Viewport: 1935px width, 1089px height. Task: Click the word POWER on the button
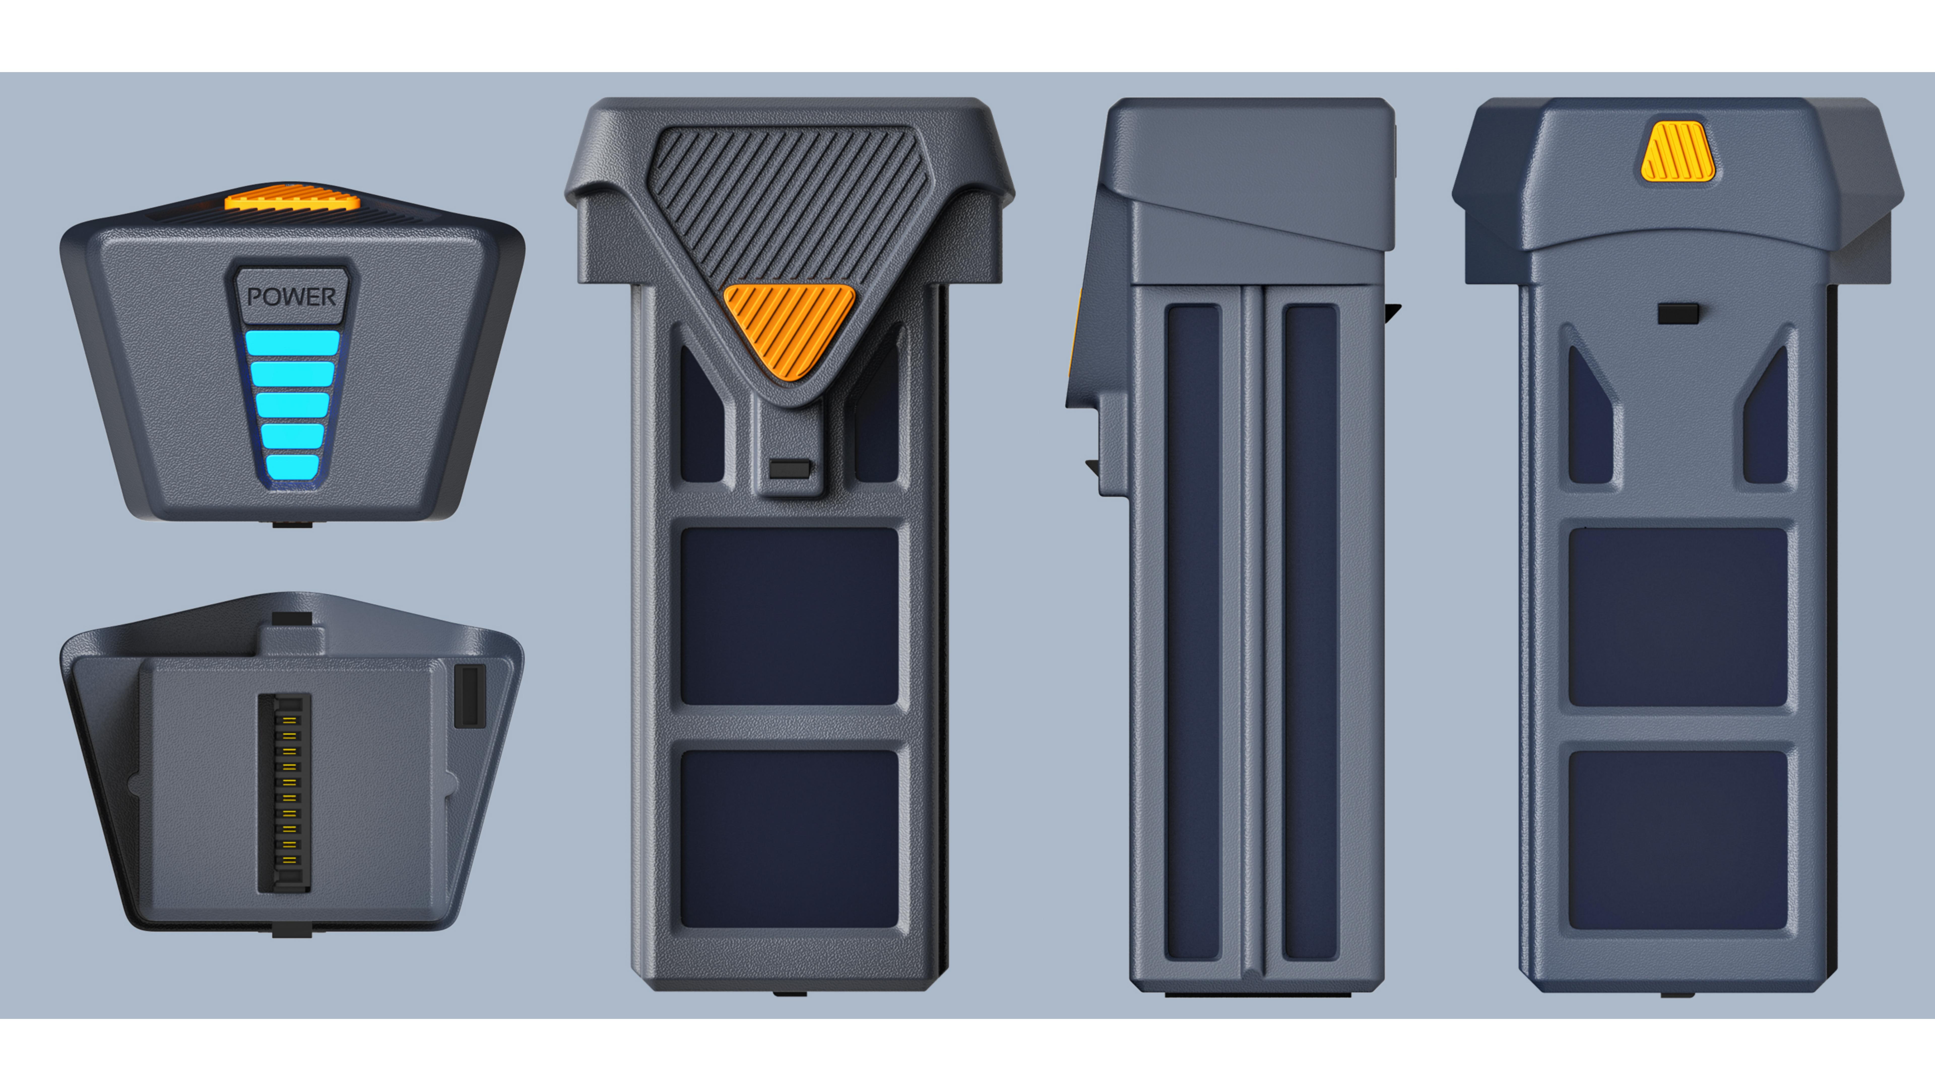292,297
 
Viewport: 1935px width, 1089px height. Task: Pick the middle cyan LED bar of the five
292,404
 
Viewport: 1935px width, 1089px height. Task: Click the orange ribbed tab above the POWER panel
292,201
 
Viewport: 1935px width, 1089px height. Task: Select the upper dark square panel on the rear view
1677,616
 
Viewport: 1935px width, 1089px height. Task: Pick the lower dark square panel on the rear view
1677,839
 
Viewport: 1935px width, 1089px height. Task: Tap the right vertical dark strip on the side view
1310,631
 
